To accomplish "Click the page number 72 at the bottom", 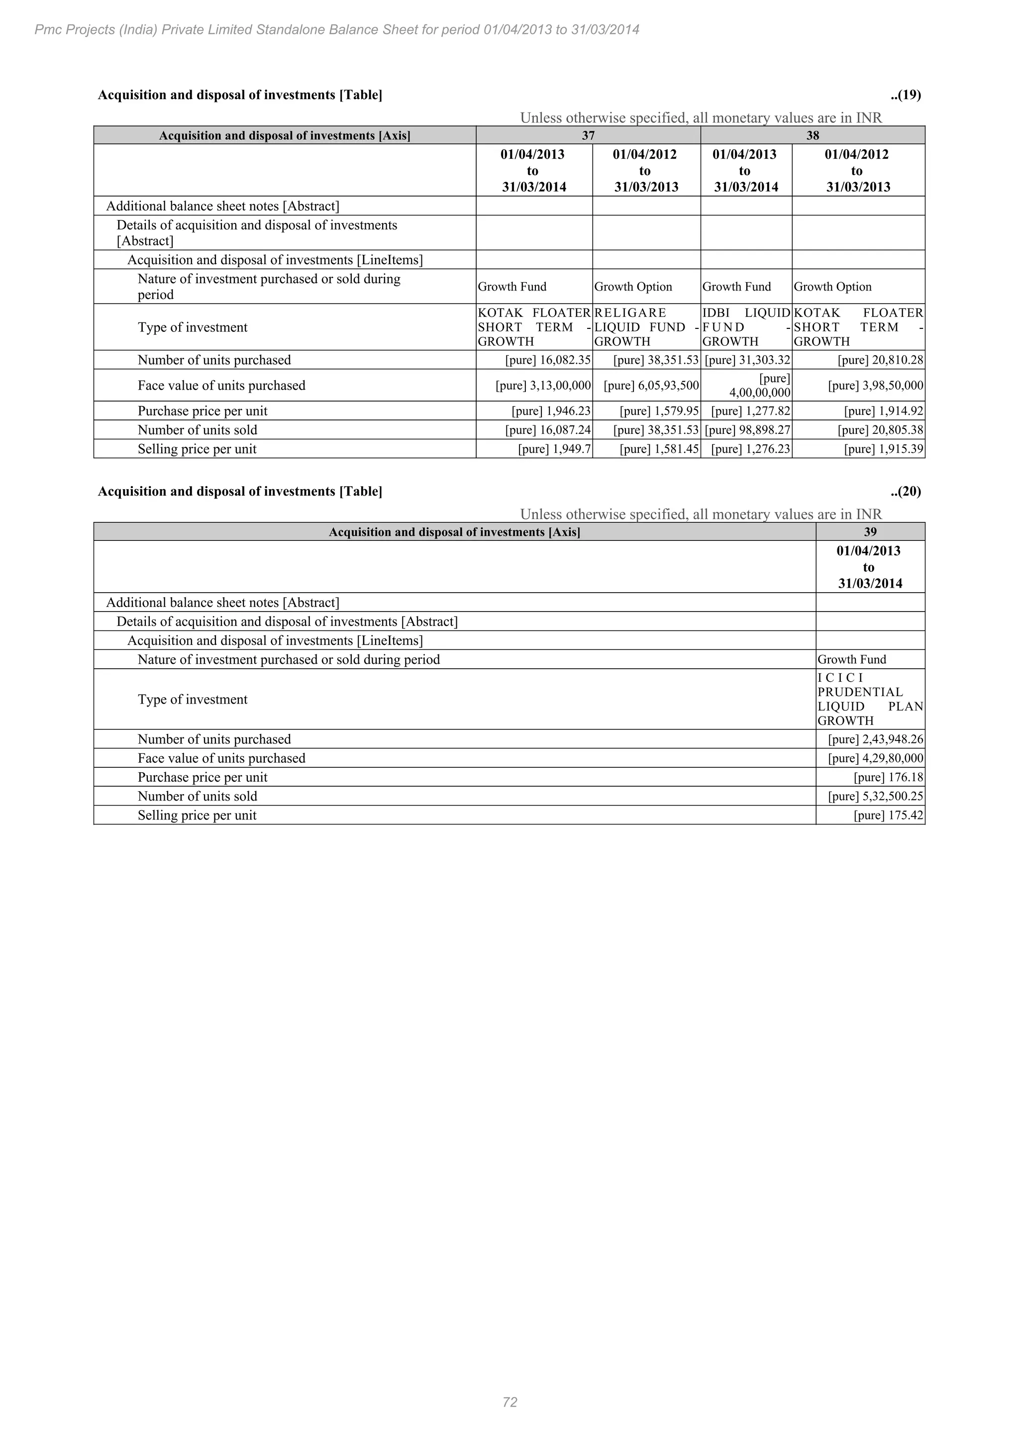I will point(509,1402).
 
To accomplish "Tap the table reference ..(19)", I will point(905,95).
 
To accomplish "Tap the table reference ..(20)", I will point(905,492).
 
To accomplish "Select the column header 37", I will point(588,135).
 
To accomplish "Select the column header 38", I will point(813,135).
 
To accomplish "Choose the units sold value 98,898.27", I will point(747,430).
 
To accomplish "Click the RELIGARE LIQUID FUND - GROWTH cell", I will point(646,327).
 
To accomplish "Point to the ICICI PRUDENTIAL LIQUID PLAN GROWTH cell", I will point(870,699).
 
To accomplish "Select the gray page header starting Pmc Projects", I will point(337,29).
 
